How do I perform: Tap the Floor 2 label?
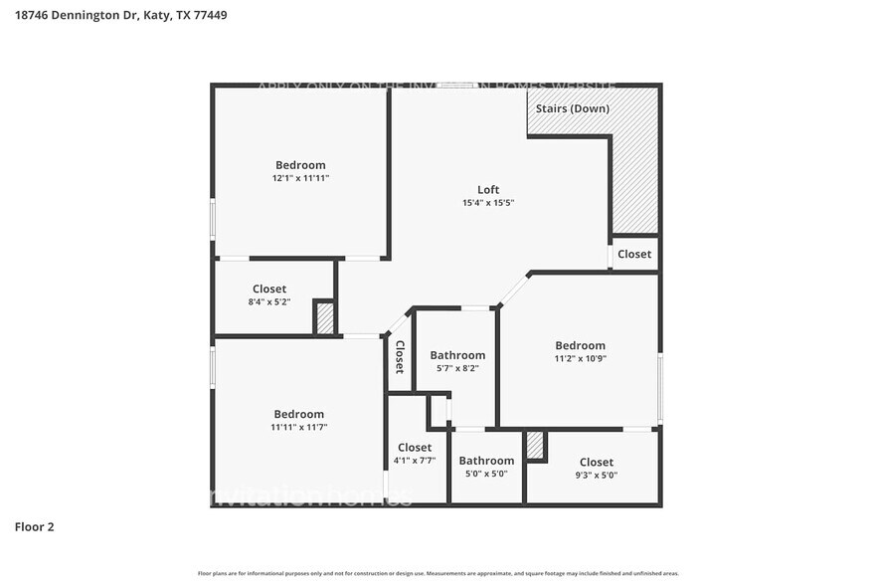coord(35,526)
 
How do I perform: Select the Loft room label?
coord(488,189)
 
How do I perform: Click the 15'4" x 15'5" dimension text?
coord(488,203)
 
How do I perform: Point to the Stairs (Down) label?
coord(572,108)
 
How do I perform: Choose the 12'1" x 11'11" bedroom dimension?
coord(300,178)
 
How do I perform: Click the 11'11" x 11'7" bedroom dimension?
coord(299,427)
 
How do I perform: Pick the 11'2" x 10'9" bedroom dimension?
coord(580,358)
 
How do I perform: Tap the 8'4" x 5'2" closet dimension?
coord(269,301)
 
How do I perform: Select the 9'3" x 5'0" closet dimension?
coord(597,475)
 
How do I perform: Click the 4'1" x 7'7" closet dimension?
coord(415,461)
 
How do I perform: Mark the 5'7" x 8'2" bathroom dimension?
coord(457,368)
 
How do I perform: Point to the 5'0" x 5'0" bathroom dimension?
coord(486,474)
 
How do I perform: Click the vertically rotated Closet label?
coord(400,357)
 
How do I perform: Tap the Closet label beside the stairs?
coord(634,254)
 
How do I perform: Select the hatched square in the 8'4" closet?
coord(325,318)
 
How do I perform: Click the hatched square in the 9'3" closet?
coord(536,445)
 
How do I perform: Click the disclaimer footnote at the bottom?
coord(438,574)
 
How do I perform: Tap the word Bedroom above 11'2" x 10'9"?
coord(580,345)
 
